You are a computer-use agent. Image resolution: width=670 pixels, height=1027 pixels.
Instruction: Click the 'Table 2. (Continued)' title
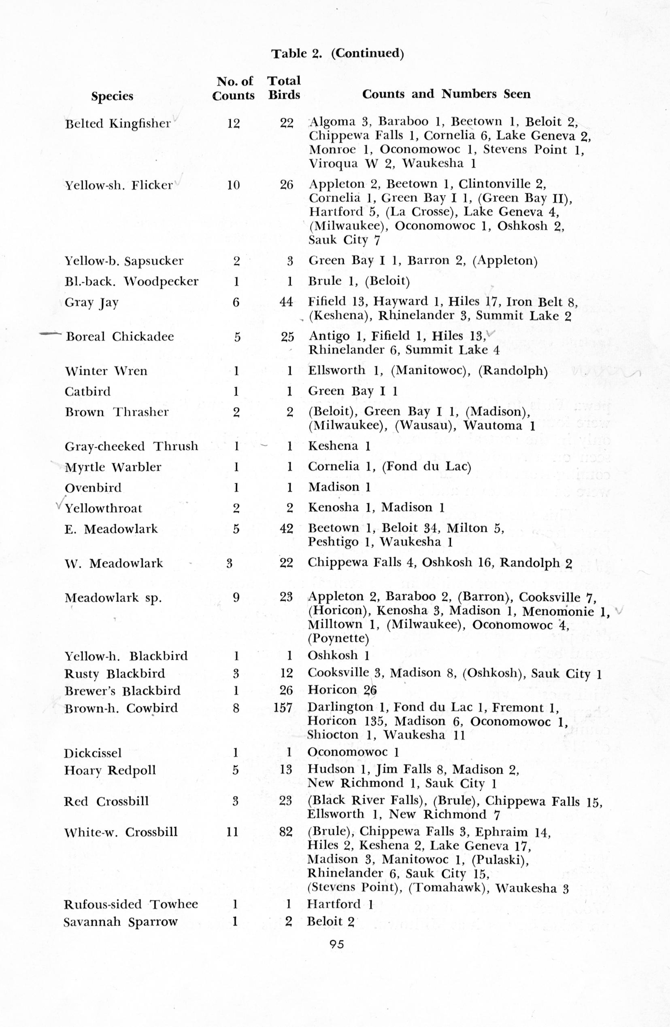tap(337, 53)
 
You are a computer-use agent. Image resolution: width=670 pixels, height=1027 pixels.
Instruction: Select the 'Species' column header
tap(112, 96)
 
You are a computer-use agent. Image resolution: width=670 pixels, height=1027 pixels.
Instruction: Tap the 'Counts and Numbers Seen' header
tap(446, 94)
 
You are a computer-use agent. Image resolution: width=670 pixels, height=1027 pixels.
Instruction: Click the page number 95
tap(336, 944)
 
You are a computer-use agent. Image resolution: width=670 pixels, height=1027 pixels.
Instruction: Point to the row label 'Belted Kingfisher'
tap(118, 124)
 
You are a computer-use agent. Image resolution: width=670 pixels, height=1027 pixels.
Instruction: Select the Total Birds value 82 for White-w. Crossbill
tap(285, 832)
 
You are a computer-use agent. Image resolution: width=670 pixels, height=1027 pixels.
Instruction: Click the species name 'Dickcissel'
tap(93, 753)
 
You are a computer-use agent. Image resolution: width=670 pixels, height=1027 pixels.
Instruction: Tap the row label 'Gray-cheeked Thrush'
tap(131, 446)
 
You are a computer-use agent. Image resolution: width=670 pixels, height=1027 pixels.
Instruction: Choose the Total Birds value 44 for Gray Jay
tap(286, 302)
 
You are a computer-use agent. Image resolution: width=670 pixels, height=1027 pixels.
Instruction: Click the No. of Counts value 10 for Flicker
tap(233, 185)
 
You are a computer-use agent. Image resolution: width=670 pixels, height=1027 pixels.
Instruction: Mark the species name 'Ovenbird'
tap(93, 487)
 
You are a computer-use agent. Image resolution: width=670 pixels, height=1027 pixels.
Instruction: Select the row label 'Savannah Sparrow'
tap(121, 922)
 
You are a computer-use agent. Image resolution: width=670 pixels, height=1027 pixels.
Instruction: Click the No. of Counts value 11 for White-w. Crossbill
tap(232, 832)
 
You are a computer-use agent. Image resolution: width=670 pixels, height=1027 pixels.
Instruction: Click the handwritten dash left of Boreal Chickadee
tap(50, 334)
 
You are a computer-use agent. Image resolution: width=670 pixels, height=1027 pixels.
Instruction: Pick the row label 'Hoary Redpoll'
tap(110, 770)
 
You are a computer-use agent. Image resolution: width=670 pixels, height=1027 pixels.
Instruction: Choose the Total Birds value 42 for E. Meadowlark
tap(286, 528)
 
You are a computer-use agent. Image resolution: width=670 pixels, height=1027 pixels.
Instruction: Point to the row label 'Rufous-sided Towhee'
tap(131, 904)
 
